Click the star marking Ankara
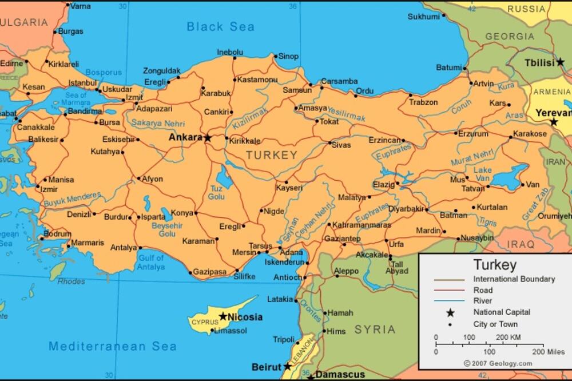[208, 138]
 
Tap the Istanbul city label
[83, 83]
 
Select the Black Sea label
[220, 26]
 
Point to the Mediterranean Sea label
[113, 346]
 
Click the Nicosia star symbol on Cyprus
[223, 316]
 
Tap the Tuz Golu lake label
[216, 192]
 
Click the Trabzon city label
[423, 102]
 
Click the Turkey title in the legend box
[495, 265]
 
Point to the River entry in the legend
[483, 301]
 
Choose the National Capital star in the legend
[450, 312]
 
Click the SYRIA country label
[375, 330]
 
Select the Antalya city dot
[139, 248]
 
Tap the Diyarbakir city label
[406, 209]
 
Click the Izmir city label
[49, 189]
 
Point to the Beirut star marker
[287, 366]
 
